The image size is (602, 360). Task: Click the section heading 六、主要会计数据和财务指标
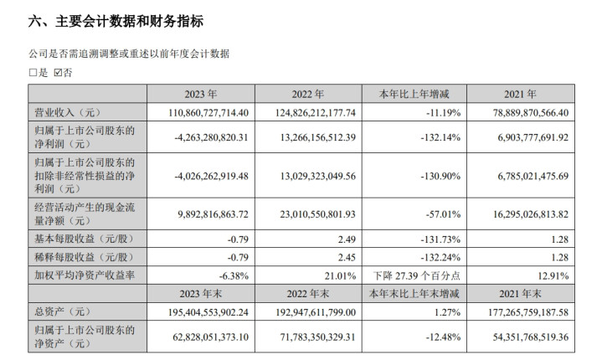(116, 21)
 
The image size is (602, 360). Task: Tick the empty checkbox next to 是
(33, 73)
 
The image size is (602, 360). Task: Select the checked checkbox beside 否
(58, 73)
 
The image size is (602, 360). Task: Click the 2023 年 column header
(201, 94)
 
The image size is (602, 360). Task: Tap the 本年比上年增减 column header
(414, 94)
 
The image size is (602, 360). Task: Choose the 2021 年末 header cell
(520, 294)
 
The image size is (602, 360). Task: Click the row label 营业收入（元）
(68, 112)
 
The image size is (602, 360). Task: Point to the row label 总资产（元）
(63, 311)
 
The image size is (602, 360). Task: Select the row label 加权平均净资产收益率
(85, 275)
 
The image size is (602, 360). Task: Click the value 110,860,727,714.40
(208, 112)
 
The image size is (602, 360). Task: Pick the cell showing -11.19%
(443, 112)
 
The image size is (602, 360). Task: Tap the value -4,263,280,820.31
(211, 137)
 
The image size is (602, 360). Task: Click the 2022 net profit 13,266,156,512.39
(318, 137)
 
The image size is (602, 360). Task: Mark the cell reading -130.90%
(440, 176)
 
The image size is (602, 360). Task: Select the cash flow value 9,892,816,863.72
(213, 213)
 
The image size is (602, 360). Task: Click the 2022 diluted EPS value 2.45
(347, 257)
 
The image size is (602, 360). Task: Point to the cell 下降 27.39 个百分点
(417, 275)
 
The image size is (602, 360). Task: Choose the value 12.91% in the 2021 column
(553, 275)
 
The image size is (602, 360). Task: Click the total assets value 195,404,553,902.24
(208, 312)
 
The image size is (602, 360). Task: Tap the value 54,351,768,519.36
(531, 337)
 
